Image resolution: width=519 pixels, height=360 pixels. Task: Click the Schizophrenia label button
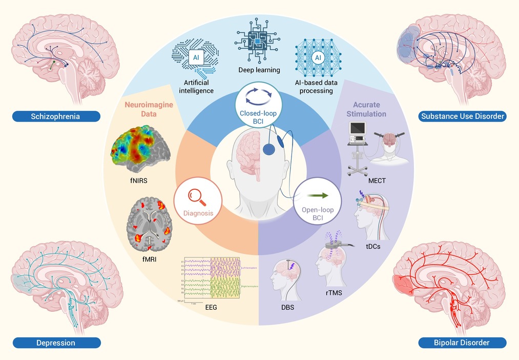(56, 116)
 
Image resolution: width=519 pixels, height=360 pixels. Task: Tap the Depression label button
(56, 343)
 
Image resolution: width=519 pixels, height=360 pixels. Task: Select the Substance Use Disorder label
(463, 116)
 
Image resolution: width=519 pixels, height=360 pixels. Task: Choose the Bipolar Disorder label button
(463, 342)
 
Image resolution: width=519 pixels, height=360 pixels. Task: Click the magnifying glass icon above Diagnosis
(197, 197)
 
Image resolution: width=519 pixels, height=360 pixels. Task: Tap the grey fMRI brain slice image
(150, 224)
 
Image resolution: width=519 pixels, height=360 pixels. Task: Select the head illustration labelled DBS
(286, 280)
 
